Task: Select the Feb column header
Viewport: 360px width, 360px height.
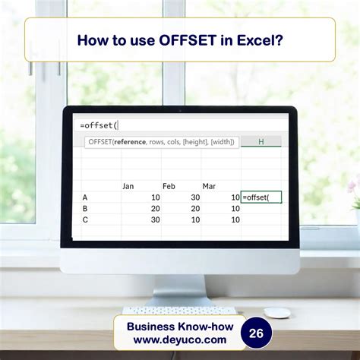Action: coord(169,185)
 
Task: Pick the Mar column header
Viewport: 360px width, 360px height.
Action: coord(209,185)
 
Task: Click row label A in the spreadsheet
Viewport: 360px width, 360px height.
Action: coord(85,197)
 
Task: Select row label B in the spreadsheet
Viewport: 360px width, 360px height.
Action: coord(85,208)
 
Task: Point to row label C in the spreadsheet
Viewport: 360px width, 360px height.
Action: coord(85,219)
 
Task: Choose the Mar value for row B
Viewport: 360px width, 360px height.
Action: coord(235,208)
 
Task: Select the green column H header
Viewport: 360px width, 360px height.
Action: coord(261,141)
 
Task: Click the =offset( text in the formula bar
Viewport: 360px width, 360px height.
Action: coord(99,125)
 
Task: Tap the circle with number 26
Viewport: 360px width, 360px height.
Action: coord(257,332)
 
